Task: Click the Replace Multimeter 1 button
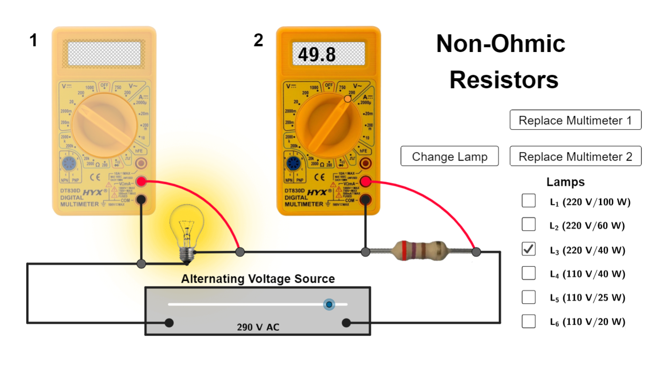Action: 575,120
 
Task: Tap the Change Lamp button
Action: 449,156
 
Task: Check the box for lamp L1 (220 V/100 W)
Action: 529,201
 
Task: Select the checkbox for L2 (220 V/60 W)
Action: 529,224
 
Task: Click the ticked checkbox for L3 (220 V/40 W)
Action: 529,249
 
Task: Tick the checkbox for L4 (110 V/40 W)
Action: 529,273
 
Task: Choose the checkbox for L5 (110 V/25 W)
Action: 529,297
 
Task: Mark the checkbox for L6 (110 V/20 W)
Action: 529,321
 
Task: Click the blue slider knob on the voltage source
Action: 328,304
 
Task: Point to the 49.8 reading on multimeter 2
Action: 317,55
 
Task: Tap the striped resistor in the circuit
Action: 420,250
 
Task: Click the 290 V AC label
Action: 258,327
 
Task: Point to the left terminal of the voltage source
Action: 169,323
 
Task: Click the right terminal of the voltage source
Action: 346,323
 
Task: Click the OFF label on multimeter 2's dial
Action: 328,85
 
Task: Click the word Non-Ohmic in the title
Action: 500,44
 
